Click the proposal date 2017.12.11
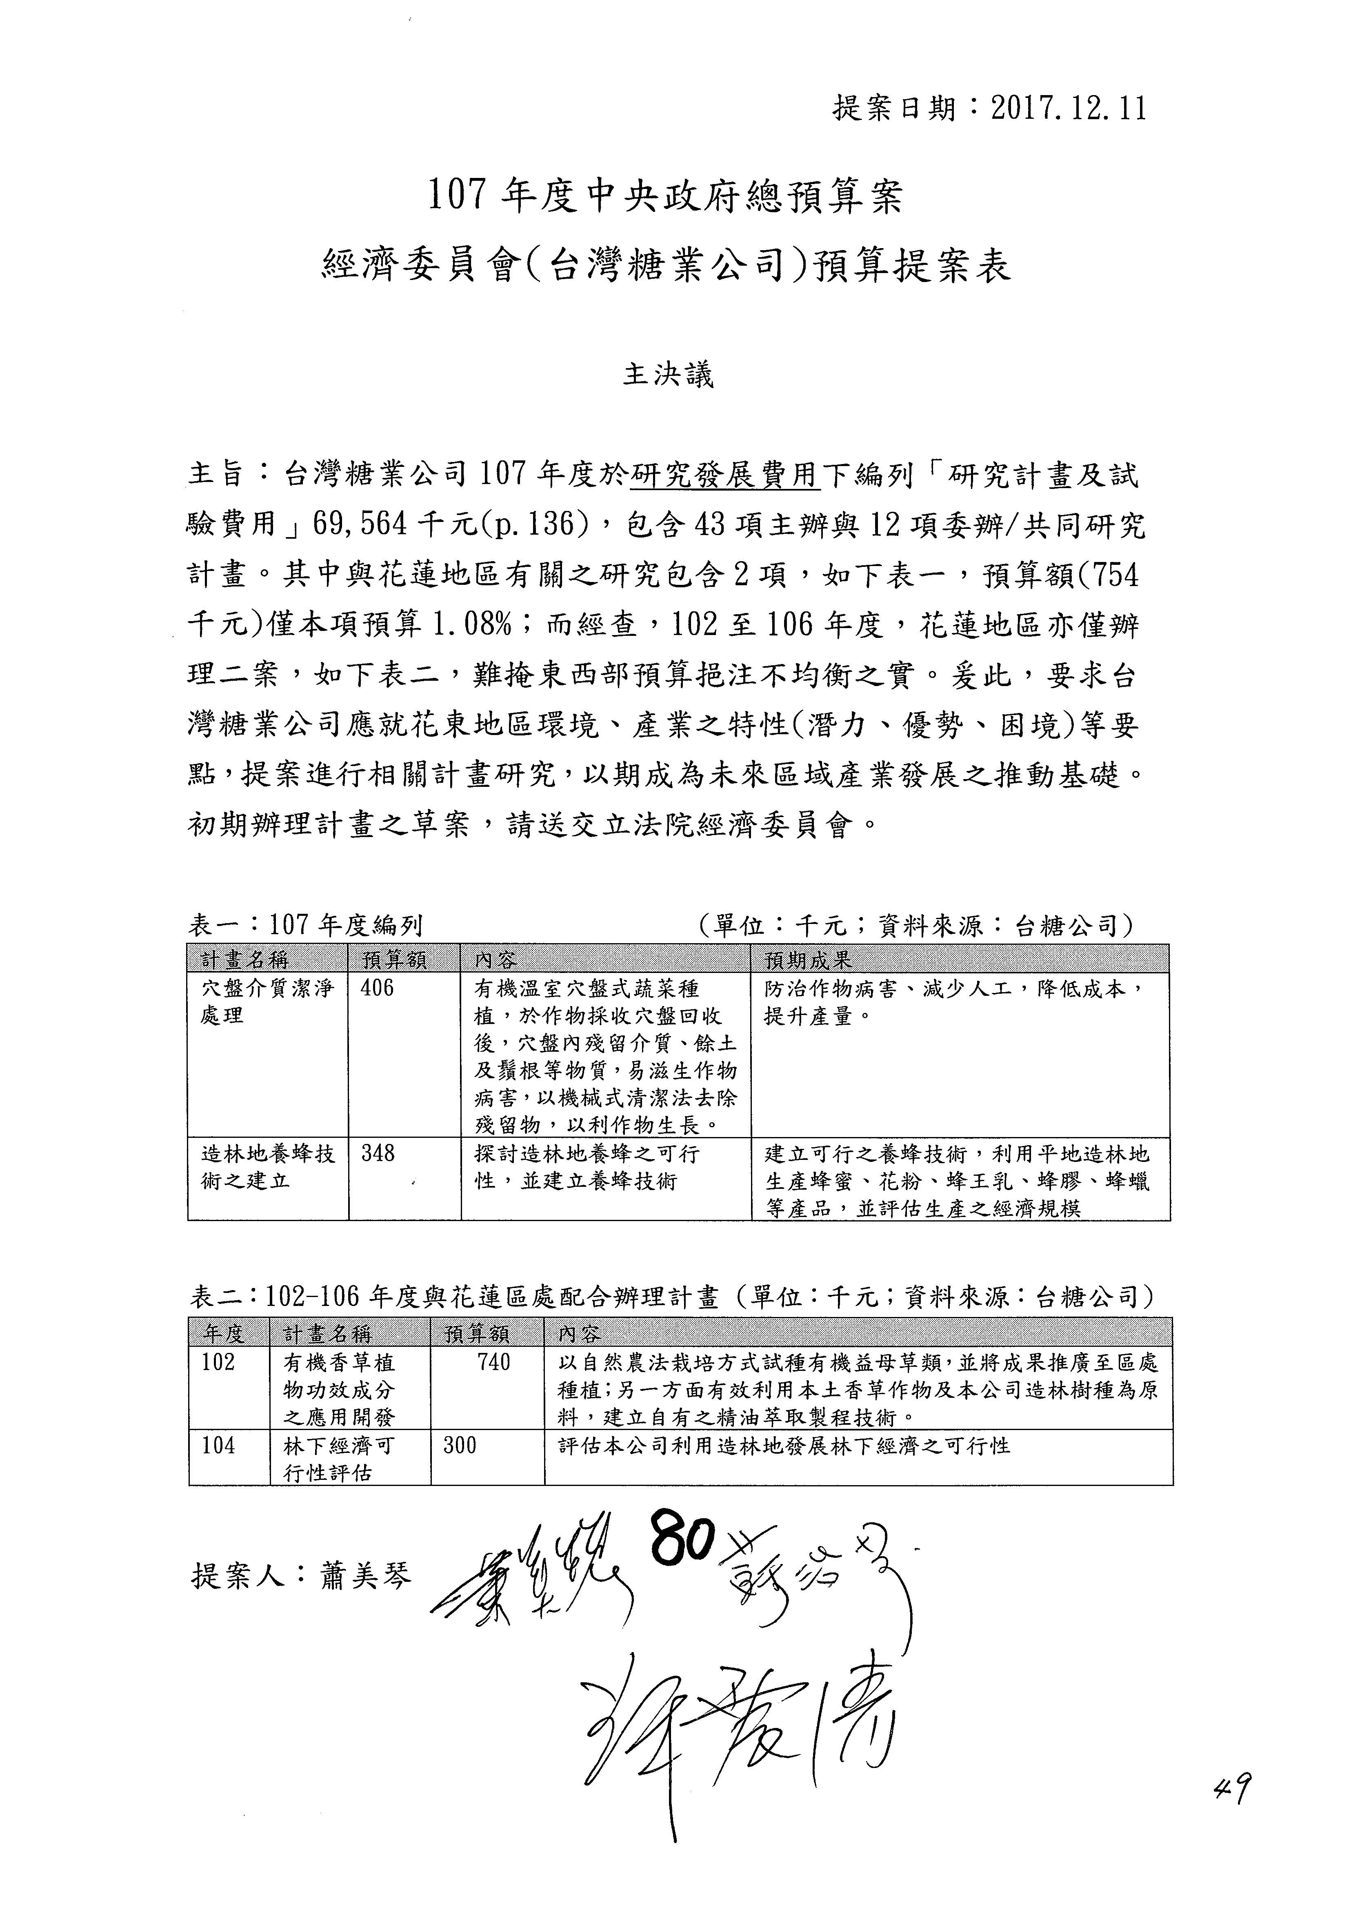[1069, 109]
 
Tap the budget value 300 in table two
[459, 1445]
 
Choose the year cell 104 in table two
[218, 1445]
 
